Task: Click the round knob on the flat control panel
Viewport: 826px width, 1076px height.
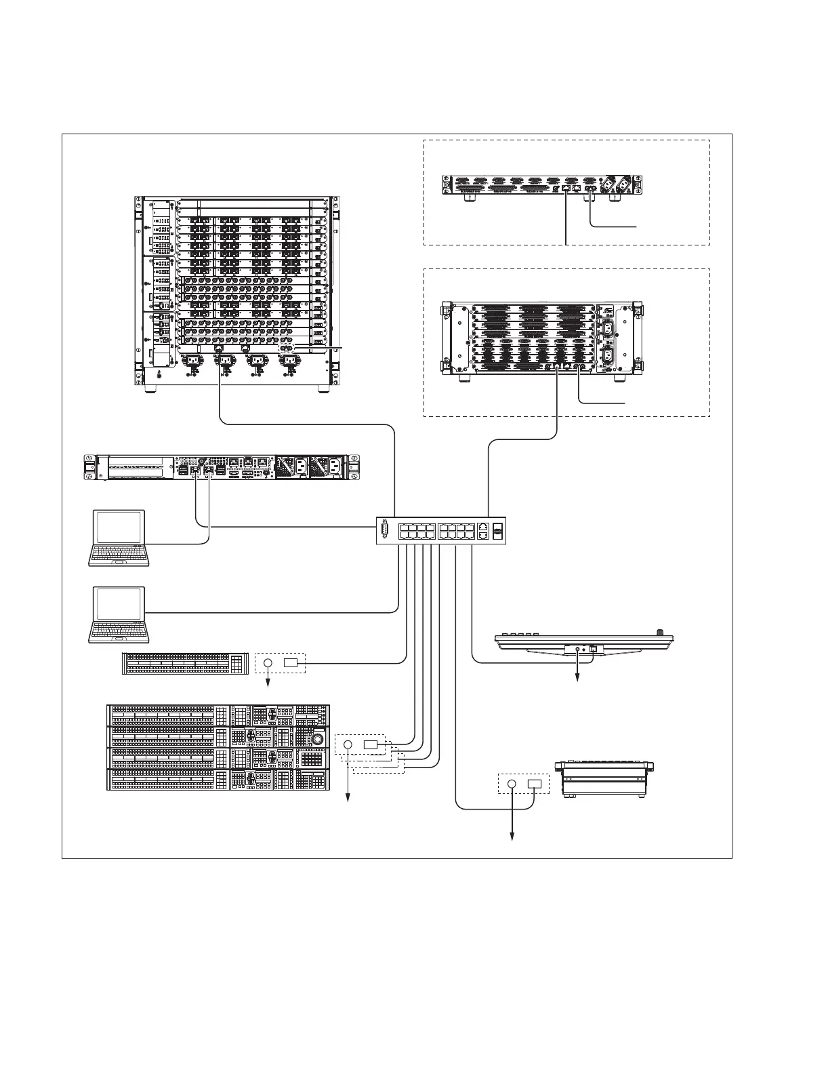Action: pyautogui.click(x=661, y=635)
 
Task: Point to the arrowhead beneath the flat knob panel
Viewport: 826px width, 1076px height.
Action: pyautogui.click(x=577, y=681)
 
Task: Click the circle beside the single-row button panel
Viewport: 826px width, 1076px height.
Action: pyautogui.click(x=268, y=662)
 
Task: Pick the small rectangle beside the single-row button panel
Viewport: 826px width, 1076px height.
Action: pyautogui.click(x=291, y=662)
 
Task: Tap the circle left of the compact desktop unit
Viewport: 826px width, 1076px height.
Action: pyautogui.click(x=512, y=784)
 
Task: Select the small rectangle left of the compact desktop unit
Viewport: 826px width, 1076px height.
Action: pyautogui.click(x=535, y=784)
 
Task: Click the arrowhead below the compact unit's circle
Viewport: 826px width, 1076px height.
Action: pyautogui.click(x=512, y=839)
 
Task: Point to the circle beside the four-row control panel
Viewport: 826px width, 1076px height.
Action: pyautogui.click(x=348, y=745)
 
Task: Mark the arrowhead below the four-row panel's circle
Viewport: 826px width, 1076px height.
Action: pyautogui.click(x=348, y=800)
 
